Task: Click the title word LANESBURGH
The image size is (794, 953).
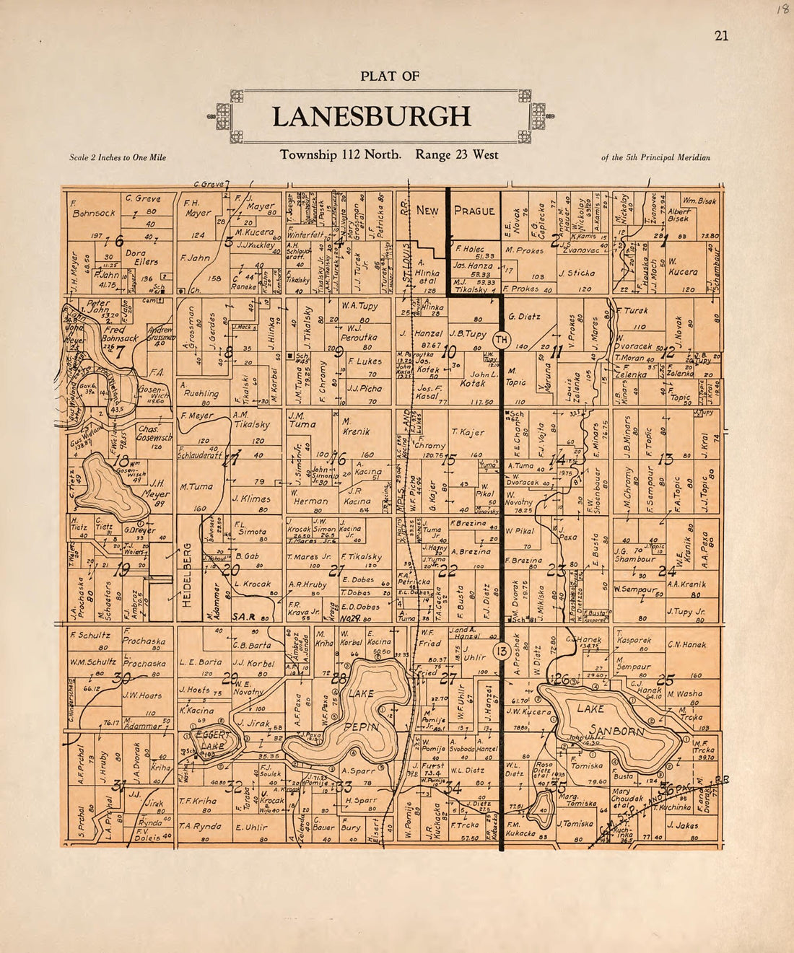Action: tap(371, 117)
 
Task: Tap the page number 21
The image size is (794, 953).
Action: tap(721, 36)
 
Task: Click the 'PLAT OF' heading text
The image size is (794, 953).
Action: tap(390, 76)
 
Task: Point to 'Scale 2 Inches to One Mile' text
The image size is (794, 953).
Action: tap(118, 157)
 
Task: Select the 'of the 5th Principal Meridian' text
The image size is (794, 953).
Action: tap(655, 157)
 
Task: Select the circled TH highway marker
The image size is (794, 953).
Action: tap(502, 339)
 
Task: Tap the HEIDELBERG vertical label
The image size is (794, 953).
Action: tap(187, 574)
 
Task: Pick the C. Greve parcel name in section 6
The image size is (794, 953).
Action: tap(143, 198)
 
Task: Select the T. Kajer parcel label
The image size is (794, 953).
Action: tap(468, 431)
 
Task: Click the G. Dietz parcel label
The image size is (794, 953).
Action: tap(524, 316)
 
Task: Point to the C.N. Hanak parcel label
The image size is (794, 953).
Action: tap(685, 644)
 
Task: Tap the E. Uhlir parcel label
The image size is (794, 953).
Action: tap(251, 827)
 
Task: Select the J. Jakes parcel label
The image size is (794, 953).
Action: tap(682, 825)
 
